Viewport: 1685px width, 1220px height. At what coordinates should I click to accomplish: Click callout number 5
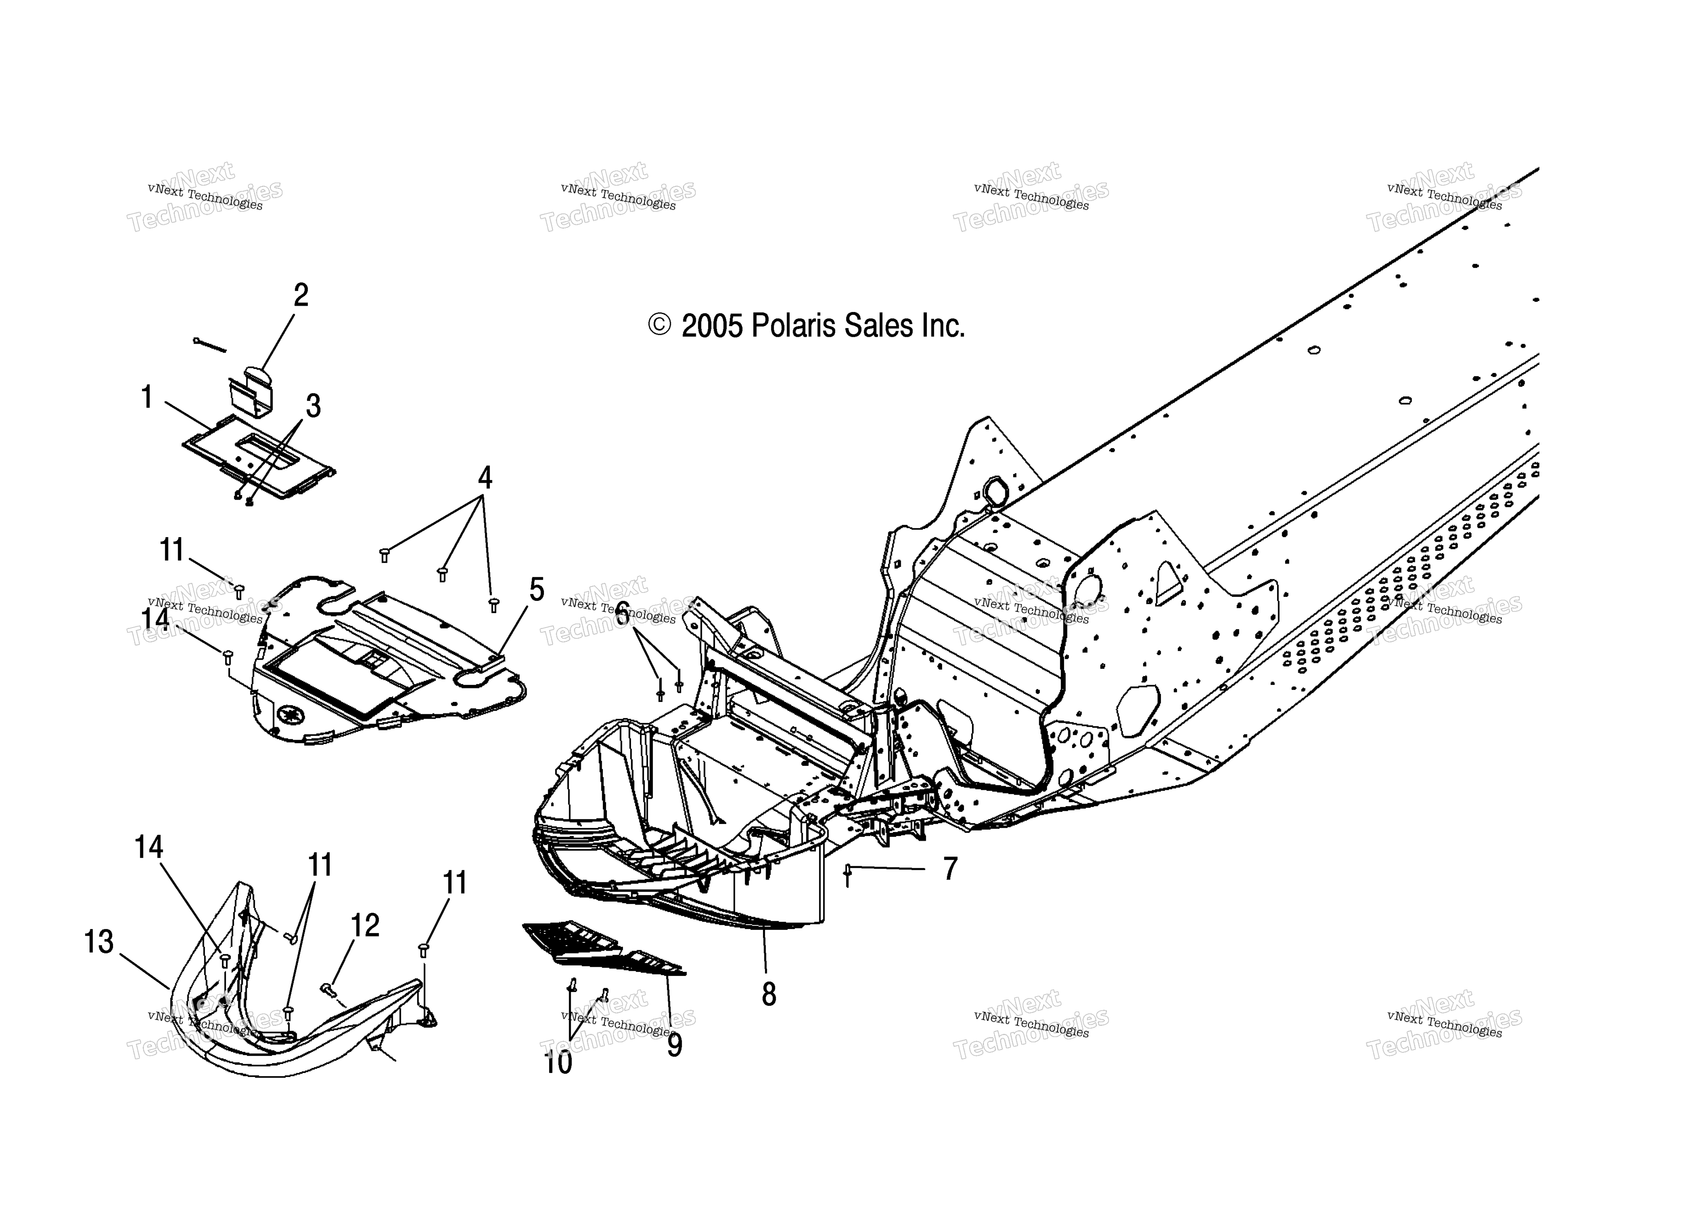(x=536, y=590)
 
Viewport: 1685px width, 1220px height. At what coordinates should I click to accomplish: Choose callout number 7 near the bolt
(x=950, y=869)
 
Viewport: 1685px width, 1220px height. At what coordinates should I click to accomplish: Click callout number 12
(x=365, y=925)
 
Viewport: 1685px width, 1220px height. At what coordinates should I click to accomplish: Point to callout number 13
(x=99, y=942)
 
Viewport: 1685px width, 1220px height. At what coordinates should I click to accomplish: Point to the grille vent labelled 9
(x=603, y=949)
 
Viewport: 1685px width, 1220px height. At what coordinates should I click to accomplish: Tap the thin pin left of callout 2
(x=209, y=345)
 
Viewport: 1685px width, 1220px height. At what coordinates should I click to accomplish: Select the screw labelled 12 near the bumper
(x=328, y=990)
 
